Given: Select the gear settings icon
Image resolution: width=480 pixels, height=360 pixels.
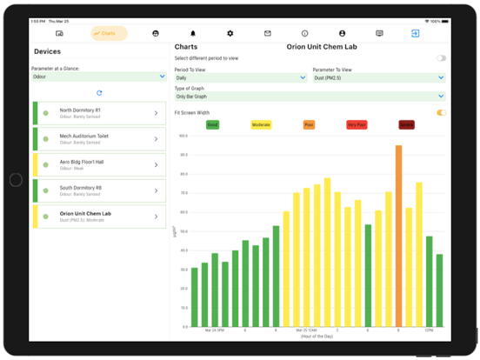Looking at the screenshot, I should (x=230, y=33).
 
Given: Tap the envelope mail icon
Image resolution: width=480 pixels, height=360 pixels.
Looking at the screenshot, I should (x=268, y=33).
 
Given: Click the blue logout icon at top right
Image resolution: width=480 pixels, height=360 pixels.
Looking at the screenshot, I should (x=415, y=33).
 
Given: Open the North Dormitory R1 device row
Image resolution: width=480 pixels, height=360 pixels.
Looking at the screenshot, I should (x=98, y=113).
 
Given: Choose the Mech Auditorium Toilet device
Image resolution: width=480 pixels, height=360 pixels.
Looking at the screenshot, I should (x=98, y=139).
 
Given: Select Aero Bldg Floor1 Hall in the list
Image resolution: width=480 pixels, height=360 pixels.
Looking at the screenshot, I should (x=98, y=164).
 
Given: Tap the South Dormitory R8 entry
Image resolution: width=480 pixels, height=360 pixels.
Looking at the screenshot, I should (x=98, y=190).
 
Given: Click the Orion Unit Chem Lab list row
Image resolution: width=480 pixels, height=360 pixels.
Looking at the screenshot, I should (x=98, y=215).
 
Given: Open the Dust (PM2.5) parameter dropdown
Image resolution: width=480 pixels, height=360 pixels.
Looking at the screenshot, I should (x=379, y=77).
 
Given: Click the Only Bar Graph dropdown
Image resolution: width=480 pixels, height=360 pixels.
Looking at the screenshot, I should (x=310, y=97).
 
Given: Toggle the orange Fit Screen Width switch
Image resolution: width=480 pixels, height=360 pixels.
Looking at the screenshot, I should (x=442, y=113).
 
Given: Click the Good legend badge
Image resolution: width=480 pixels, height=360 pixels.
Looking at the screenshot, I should (x=212, y=125).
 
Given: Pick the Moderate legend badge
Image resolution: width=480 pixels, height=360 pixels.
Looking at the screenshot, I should (x=261, y=125).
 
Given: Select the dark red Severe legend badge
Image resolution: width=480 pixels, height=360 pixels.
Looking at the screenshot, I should (x=406, y=125).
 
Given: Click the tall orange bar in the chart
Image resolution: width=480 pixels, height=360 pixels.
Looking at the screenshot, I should (x=398, y=236).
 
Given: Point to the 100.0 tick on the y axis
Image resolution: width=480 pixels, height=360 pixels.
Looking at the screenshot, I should (x=183, y=136).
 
